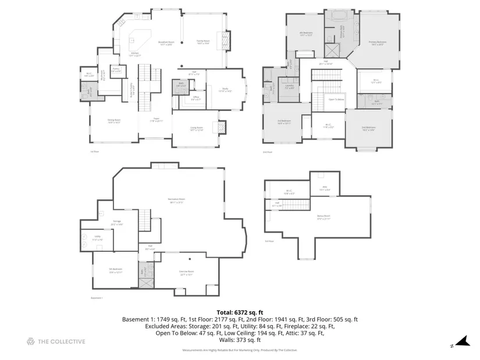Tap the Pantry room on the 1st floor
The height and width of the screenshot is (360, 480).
116,71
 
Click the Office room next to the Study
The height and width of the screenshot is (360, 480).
197,99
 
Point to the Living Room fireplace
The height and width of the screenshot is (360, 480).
222,129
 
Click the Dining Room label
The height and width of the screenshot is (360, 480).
113,122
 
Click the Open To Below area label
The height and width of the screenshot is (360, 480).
336,99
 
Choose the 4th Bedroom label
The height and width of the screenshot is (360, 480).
307,34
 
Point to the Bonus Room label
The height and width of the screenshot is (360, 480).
323,218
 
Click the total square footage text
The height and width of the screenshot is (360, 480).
240,312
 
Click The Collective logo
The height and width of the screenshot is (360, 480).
56,341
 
